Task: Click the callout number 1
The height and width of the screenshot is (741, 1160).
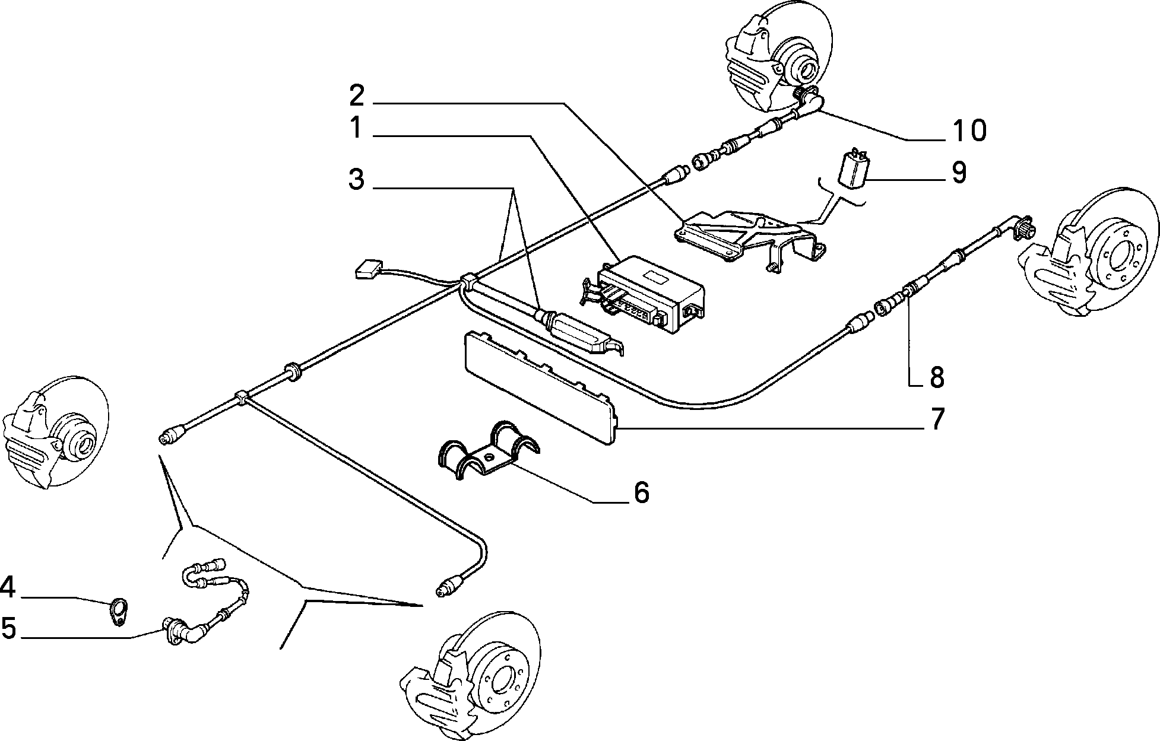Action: coord(356,128)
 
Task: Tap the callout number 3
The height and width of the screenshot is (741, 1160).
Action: coord(356,180)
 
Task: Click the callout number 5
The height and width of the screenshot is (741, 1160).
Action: coord(8,628)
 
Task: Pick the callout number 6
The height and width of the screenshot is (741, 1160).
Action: coord(642,492)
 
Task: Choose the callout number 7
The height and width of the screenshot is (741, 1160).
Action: coord(936,419)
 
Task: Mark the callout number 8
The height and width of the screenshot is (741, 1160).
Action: coord(936,377)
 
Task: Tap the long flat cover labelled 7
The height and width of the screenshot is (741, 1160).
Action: coord(539,386)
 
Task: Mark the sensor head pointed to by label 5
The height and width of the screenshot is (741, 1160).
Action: coord(175,629)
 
